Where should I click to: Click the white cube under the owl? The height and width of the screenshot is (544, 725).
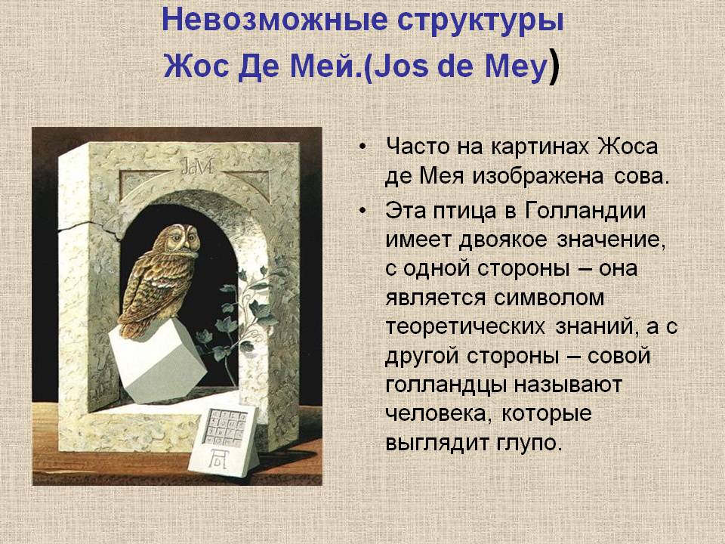point(156,358)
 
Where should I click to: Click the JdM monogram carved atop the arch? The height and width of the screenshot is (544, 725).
point(194,166)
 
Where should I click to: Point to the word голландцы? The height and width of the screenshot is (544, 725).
point(446,385)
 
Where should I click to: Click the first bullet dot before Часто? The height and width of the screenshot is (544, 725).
point(364,146)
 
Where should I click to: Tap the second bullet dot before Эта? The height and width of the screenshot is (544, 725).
point(364,209)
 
